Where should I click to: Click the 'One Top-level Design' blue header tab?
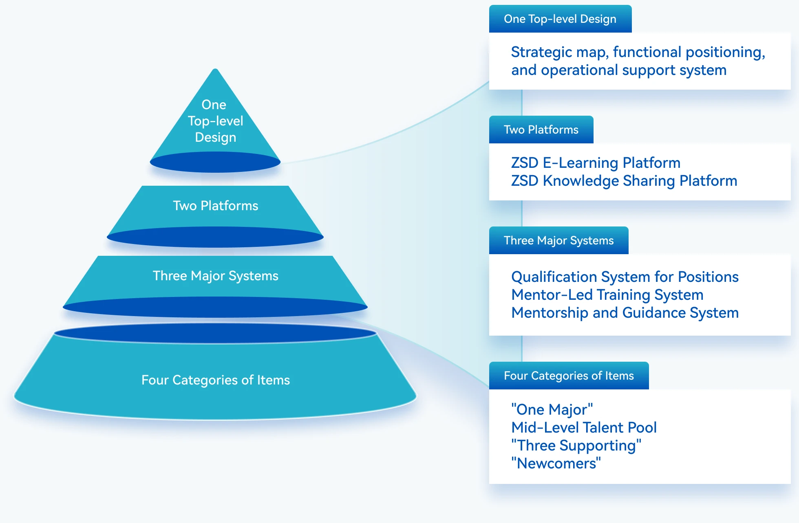(560, 19)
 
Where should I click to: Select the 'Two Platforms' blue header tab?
(541, 130)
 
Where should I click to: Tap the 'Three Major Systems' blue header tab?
(558, 241)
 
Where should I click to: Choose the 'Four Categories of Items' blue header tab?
(569, 376)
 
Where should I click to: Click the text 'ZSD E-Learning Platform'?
(596, 163)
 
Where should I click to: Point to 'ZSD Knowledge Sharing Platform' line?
(624, 181)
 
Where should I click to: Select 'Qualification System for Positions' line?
(625, 277)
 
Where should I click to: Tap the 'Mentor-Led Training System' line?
(607, 295)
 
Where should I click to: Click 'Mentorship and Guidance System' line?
(625, 313)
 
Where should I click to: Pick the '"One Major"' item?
(552, 409)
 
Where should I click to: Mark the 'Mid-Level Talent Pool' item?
(584, 428)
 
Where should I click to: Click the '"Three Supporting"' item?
(576, 446)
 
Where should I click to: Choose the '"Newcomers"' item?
(556, 464)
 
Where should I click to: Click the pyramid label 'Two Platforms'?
(216, 206)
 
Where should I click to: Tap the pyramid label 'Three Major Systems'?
(216, 276)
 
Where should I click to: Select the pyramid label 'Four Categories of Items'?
(216, 380)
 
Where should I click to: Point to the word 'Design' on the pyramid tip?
(216, 137)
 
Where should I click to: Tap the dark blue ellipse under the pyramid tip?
(215, 163)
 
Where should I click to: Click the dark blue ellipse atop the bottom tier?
(215, 333)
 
